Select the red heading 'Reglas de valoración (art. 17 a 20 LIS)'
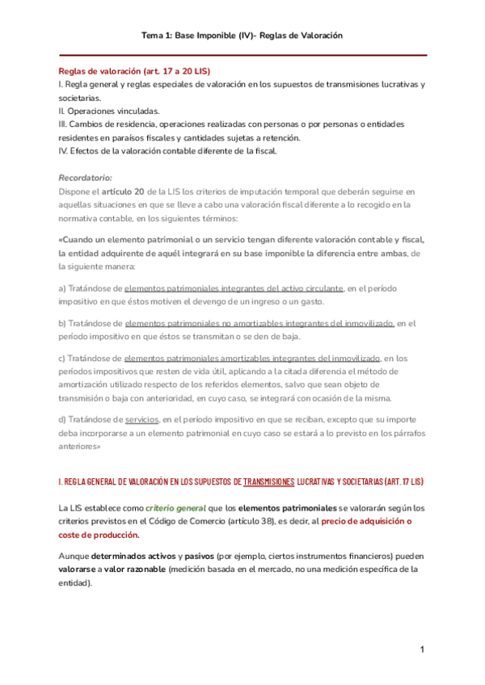coord(134,72)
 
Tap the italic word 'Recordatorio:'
coord(86,177)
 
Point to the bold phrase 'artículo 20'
coord(125,191)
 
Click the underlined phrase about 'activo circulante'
coord(234,288)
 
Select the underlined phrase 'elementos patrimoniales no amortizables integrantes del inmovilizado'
coord(259,323)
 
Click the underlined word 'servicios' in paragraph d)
coord(141,420)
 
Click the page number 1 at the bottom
coord(421,650)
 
